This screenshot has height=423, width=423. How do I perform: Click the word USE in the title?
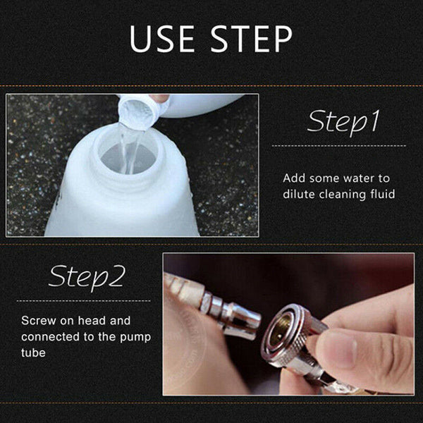[162, 39]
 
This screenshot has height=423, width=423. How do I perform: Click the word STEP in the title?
[252, 39]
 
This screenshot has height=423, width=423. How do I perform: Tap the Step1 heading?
[343, 122]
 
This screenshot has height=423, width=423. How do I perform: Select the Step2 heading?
[87, 277]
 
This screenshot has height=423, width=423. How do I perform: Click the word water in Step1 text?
[358, 178]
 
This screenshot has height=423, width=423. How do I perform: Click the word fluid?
[383, 194]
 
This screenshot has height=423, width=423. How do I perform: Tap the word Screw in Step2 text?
[39, 321]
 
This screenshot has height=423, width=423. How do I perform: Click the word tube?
[33, 352]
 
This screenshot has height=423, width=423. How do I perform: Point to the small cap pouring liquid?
[137, 111]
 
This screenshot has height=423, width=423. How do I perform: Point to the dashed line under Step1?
[339, 146]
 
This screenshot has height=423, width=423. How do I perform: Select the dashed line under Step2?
[84, 301]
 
